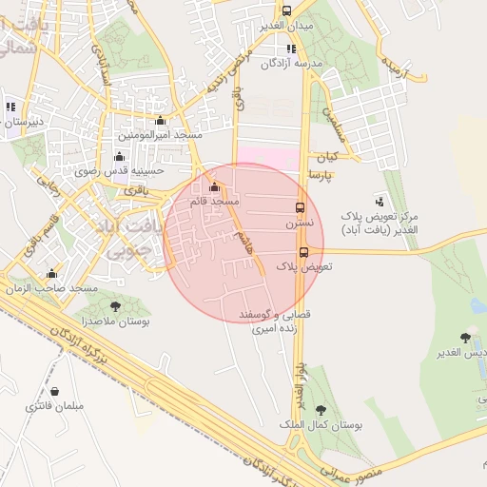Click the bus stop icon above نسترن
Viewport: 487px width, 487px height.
pos(301,207)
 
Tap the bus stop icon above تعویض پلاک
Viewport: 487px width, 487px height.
pos(304,252)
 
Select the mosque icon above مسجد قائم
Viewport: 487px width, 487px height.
pos(214,186)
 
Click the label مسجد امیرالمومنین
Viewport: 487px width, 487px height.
pos(163,136)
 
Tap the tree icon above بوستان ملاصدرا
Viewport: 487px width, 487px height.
pos(115,306)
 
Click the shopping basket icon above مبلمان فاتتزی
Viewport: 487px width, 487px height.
pos(54,391)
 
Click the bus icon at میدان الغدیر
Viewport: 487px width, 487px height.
pos(286,10)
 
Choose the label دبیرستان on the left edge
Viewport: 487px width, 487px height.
pos(21,121)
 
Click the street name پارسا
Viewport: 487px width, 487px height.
pos(321,177)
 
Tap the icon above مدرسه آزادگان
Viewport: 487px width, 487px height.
pos(291,49)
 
